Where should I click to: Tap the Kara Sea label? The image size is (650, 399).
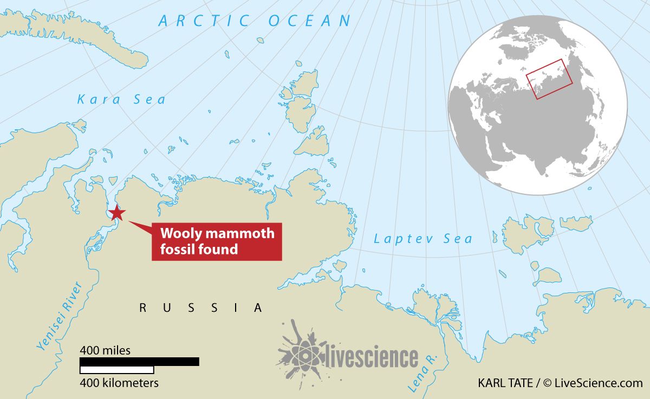tap(121, 100)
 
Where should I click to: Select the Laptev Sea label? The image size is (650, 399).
tap(423, 239)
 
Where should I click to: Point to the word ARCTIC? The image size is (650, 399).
tap(204, 22)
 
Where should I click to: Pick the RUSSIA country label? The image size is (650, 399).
tap(201, 308)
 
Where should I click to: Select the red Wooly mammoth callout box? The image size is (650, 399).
tap(217, 241)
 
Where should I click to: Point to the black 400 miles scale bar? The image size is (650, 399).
tap(139, 362)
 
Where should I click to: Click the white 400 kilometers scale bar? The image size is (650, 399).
tap(116, 370)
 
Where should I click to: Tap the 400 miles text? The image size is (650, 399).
tap(105, 350)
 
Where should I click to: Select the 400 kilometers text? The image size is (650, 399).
tap(119, 383)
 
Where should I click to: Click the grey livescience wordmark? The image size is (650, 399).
tap(372, 358)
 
